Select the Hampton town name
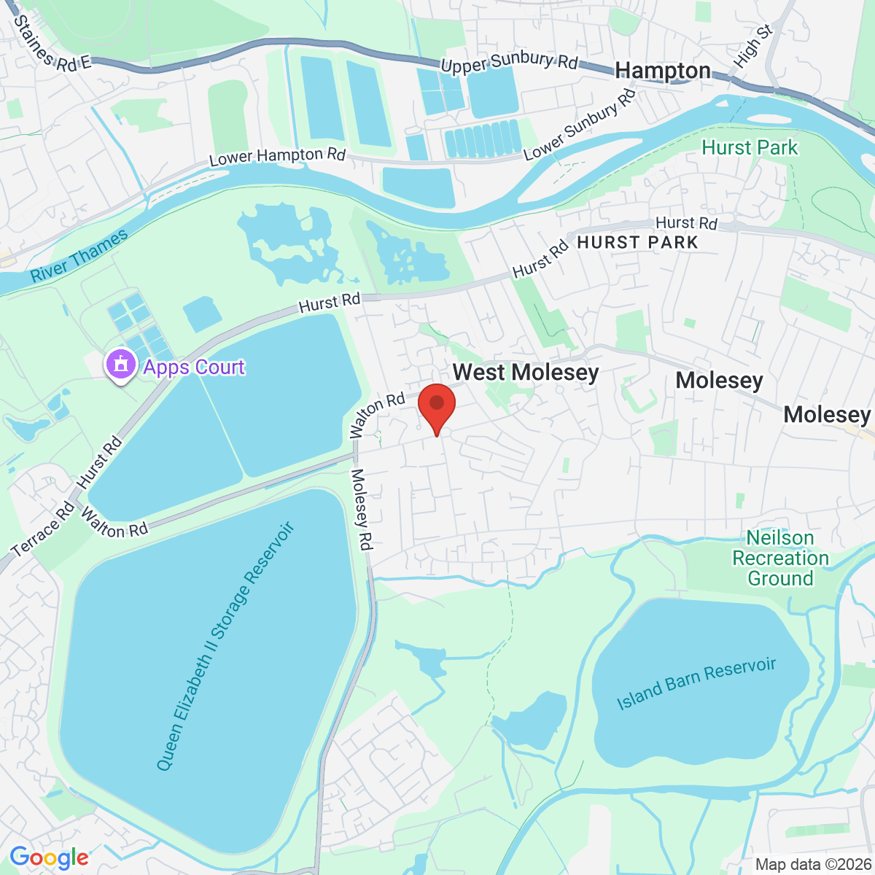[x=662, y=71]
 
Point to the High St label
[x=753, y=47]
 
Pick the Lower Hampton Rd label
[x=277, y=156]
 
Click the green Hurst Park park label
[x=750, y=148]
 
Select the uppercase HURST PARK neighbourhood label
[x=637, y=243]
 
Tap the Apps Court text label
[x=194, y=367]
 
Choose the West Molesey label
[x=525, y=373]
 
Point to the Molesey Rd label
[x=362, y=509]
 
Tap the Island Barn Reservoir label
[x=696, y=683]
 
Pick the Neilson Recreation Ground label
[x=779, y=559]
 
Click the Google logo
[x=49, y=858]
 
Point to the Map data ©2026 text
[x=812, y=865]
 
